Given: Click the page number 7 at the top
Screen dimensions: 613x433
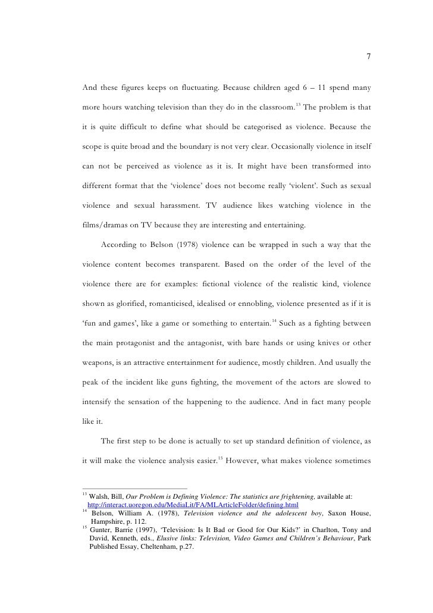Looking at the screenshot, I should [369, 57].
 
